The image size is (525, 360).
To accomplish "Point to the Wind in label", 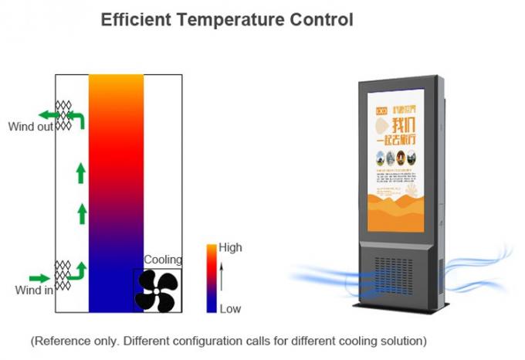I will [x=34, y=290].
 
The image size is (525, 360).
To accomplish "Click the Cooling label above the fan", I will [x=163, y=260].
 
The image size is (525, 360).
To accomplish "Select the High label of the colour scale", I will [x=231, y=248].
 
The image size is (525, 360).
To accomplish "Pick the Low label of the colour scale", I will [x=230, y=309].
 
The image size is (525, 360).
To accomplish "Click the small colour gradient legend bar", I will [x=211, y=278].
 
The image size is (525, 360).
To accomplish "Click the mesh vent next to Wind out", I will [x=63, y=115].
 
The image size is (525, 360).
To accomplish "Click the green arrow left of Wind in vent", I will [x=39, y=278].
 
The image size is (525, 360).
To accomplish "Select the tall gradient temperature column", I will [x=116, y=193].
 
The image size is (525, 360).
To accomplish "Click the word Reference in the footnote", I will [x=64, y=341].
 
